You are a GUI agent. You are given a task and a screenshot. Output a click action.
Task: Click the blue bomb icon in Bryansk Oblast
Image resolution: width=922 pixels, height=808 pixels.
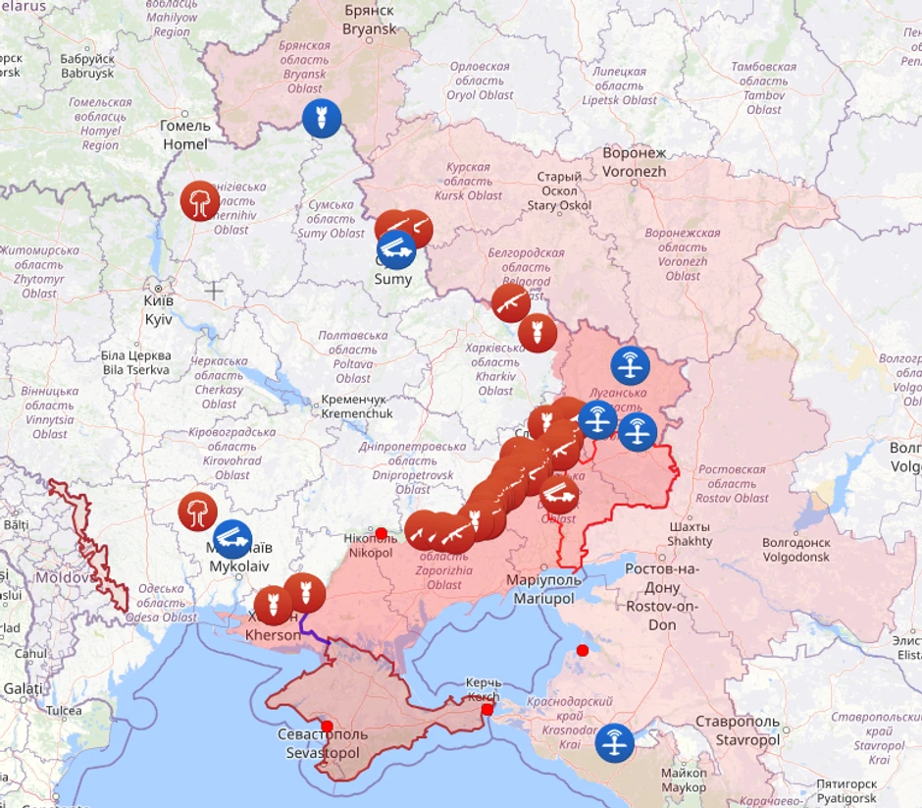click(322, 119)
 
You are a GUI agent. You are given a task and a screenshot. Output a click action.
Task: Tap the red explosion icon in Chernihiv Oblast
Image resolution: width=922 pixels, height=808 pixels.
click(199, 201)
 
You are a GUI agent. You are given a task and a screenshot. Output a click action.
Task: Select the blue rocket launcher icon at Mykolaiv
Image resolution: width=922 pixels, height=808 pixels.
click(232, 539)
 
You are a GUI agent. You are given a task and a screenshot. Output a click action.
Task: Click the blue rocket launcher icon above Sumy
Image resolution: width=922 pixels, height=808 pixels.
click(396, 248)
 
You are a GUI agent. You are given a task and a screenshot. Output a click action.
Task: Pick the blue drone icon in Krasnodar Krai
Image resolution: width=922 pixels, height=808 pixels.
click(615, 741)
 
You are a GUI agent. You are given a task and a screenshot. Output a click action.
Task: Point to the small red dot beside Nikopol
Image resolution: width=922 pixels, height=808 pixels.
click(382, 533)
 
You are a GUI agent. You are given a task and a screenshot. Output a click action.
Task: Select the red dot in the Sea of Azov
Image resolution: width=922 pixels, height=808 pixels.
click(583, 650)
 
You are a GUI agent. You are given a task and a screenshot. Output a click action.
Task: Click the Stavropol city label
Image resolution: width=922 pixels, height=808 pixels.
click(747, 730)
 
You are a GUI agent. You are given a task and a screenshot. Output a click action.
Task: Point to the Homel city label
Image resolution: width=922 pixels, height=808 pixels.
click(184, 135)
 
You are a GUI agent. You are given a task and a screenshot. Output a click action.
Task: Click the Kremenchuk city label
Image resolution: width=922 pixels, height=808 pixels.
click(355, 407)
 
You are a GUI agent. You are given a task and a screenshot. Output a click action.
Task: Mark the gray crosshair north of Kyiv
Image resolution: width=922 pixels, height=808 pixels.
click(214, 290)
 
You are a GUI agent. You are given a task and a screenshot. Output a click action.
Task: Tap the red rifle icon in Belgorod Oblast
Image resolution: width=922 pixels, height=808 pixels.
click(511, 303)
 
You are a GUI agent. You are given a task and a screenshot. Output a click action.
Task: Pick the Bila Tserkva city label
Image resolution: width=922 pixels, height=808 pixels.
click(135, 362)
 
